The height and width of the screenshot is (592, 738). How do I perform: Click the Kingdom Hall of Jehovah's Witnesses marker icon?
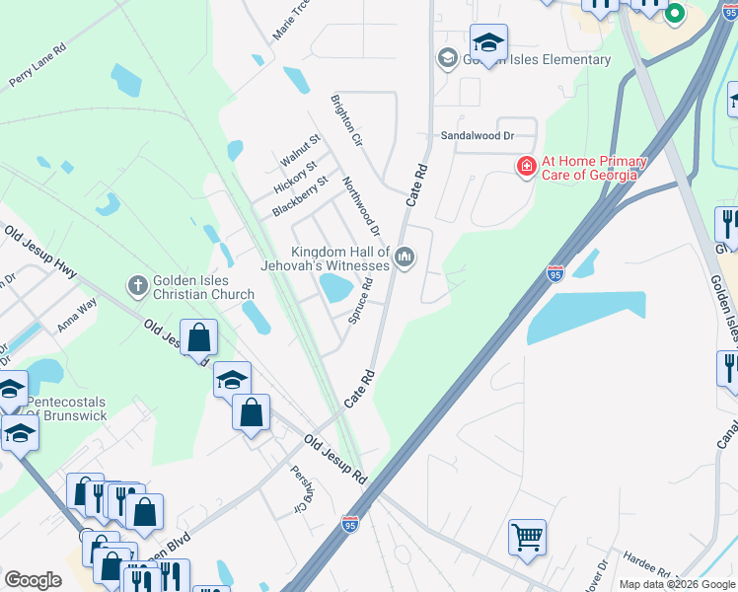(404, 259)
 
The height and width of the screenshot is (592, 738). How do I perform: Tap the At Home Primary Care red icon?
(527, 166)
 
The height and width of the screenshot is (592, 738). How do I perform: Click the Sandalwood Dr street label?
(479, 135)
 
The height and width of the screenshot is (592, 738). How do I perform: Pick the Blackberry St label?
(299, 197)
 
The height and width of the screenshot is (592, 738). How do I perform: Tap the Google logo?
(33, 580)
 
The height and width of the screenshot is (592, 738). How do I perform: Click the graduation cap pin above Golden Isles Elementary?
(488, 42)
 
